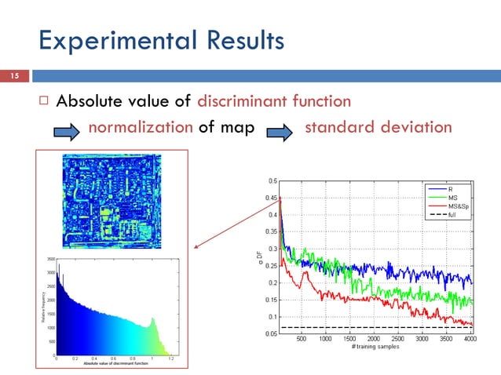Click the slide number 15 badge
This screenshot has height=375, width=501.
[x=13, y=75]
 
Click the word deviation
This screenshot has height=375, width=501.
[x=416, y=127]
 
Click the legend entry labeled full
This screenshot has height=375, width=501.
[x=452, y=214]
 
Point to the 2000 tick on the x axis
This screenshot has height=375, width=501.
[x=374, y=340]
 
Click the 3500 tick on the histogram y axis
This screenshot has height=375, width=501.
[x=51, y=258]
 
